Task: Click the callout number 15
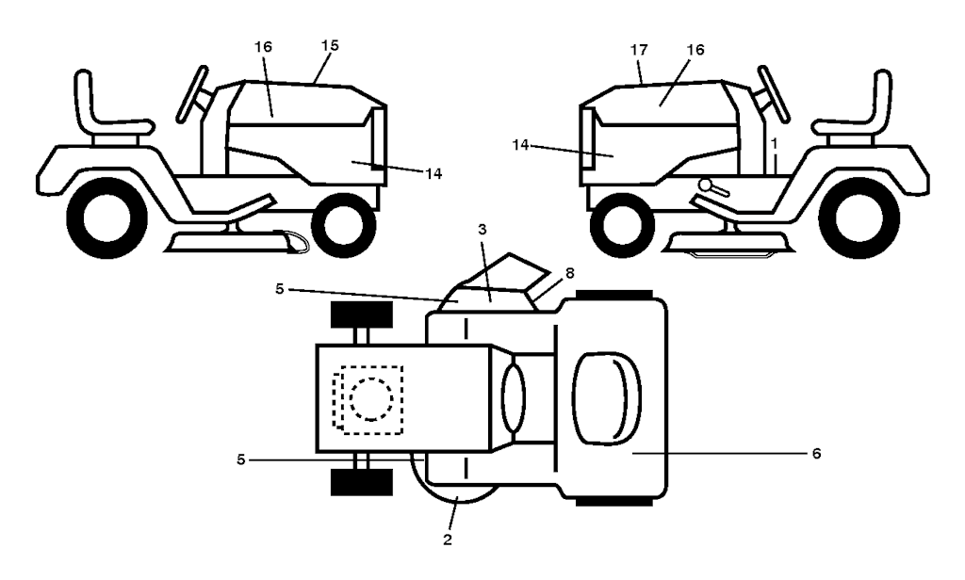tap(330, 44)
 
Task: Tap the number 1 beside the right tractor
tap(774, 142)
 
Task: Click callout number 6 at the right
tap(816, 453)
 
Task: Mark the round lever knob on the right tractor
tap(703, 185)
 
